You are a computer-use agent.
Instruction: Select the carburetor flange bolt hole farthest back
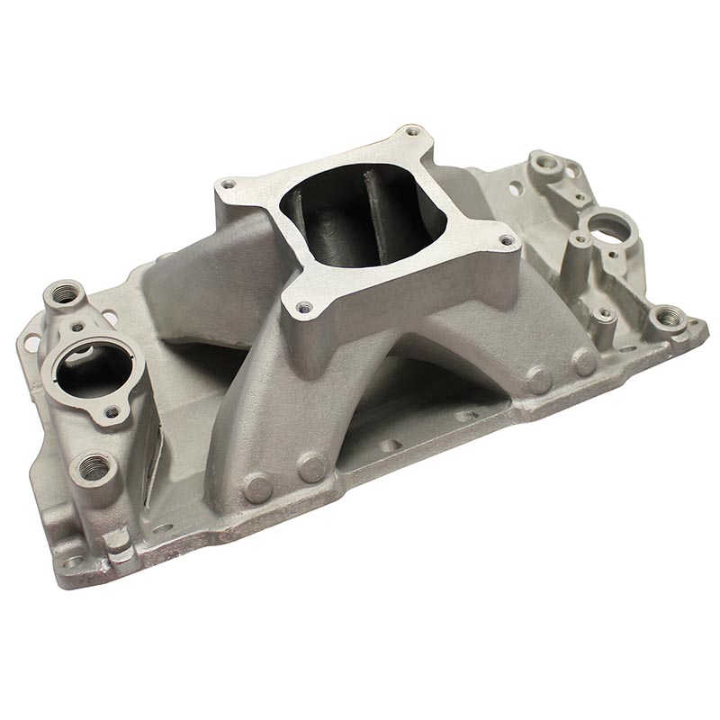click(x=413, y=133)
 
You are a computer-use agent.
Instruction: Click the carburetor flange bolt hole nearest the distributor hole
click(x=506, y=240)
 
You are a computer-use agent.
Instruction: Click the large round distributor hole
click(x=605, y=221)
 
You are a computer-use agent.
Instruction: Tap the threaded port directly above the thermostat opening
click(x=66, y=292)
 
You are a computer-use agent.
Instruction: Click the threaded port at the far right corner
click(x=667, y=317)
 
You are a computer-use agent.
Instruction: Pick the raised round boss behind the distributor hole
click(x=545, y=164)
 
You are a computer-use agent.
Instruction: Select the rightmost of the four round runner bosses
click(x=584, y=362)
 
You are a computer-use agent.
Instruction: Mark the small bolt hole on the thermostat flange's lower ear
click(x=112, y=412)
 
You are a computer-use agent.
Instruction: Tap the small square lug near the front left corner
click(x=117, y=539)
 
